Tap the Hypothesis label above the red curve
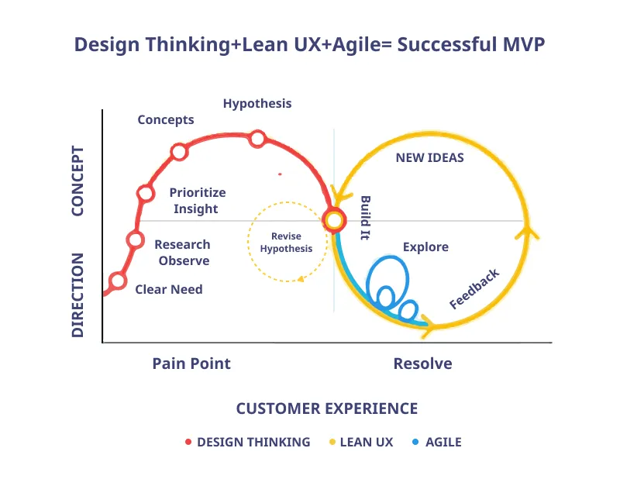tap(257, 103)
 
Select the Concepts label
tap(166, 119)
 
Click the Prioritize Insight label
tap(197, 201)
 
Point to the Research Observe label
tap(183, 253)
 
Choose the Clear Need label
tap(169, 289)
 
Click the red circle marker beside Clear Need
tap(117, 281)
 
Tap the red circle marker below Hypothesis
tap(257, 140)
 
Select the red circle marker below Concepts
tap(179, 152)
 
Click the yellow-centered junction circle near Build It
tap(334, 221)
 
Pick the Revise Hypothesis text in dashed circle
tap(286, 243)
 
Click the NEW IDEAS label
tap(429, 157)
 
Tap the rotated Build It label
tap(365, 218)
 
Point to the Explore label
tap(425, 246)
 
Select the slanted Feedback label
tap(474, 289)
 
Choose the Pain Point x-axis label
tap(191, 364)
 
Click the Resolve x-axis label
tap(422, 364)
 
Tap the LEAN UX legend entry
tap(360, 442)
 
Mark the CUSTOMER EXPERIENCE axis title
tap(326, 408)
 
